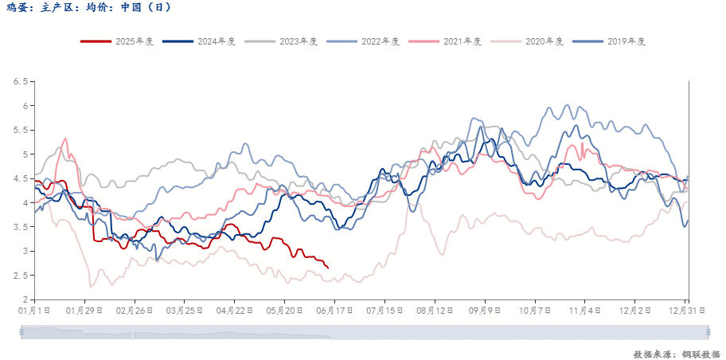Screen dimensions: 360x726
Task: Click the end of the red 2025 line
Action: [x=328, y=268]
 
